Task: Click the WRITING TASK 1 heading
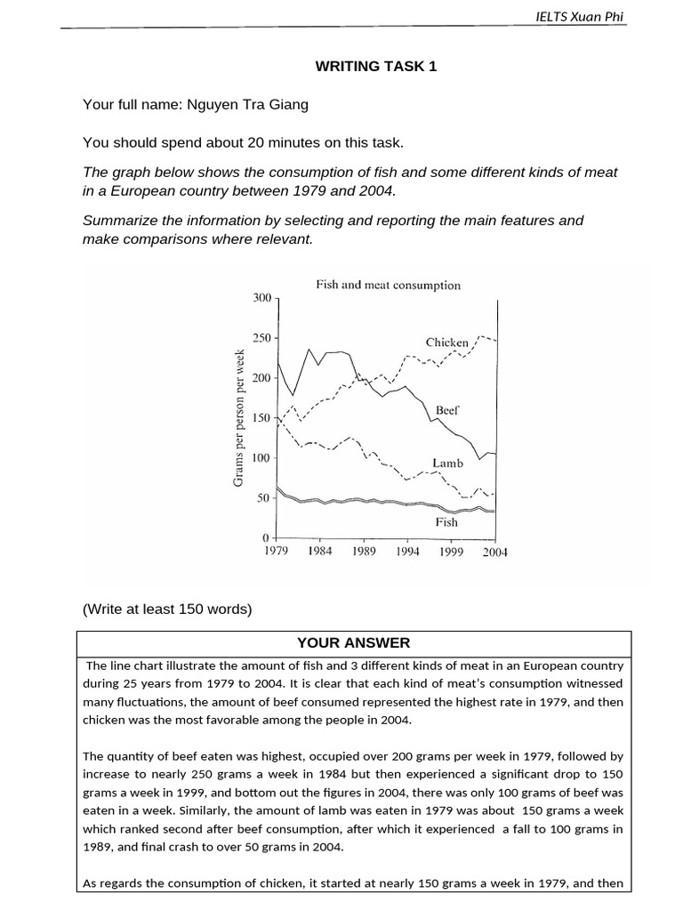(377, 66)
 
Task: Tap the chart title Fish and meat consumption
(388, 286)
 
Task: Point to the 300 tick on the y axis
(262, 298)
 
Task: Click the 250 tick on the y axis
(262, 338)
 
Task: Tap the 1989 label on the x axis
(364, 552)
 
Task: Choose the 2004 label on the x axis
(494, 552)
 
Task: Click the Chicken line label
(446, 343)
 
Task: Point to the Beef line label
(447, 410)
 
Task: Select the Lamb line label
(446, 464)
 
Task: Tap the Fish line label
(446, 522)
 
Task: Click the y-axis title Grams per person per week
(238, 417)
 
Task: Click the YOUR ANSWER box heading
(354, 642)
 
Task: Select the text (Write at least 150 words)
(167, 609)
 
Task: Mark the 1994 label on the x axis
(407, 552)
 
